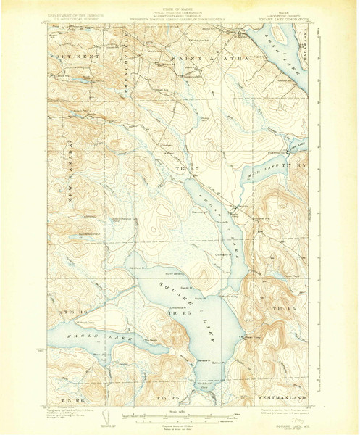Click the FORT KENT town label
point(68,56)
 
